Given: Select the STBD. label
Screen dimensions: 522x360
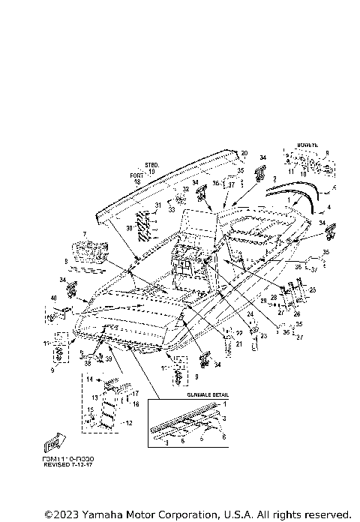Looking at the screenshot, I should [x=151, y=164].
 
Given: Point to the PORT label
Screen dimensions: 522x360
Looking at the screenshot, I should [x=136, y=175].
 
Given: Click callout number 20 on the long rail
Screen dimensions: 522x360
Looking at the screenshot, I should [x=243, y=153].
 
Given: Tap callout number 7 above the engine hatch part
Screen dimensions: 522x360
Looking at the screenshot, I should [x=85, y=234].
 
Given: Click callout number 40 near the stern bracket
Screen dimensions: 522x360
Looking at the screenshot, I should [x=53, y=299].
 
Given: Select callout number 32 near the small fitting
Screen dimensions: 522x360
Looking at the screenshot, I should [x=185, y=189].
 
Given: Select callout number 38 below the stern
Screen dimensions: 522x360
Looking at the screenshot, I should [x=88, y=362].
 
